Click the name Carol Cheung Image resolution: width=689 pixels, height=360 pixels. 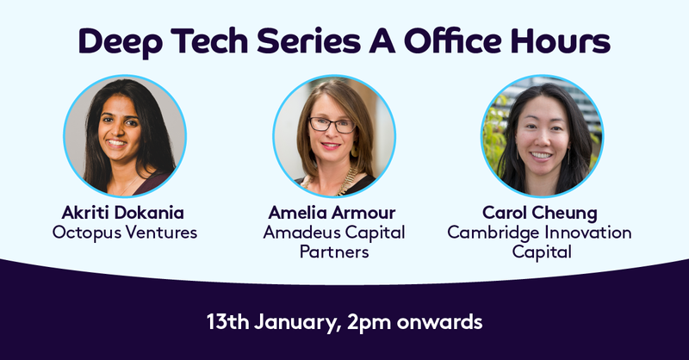pos(543,213)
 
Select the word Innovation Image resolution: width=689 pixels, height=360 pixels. pos(588,233)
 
